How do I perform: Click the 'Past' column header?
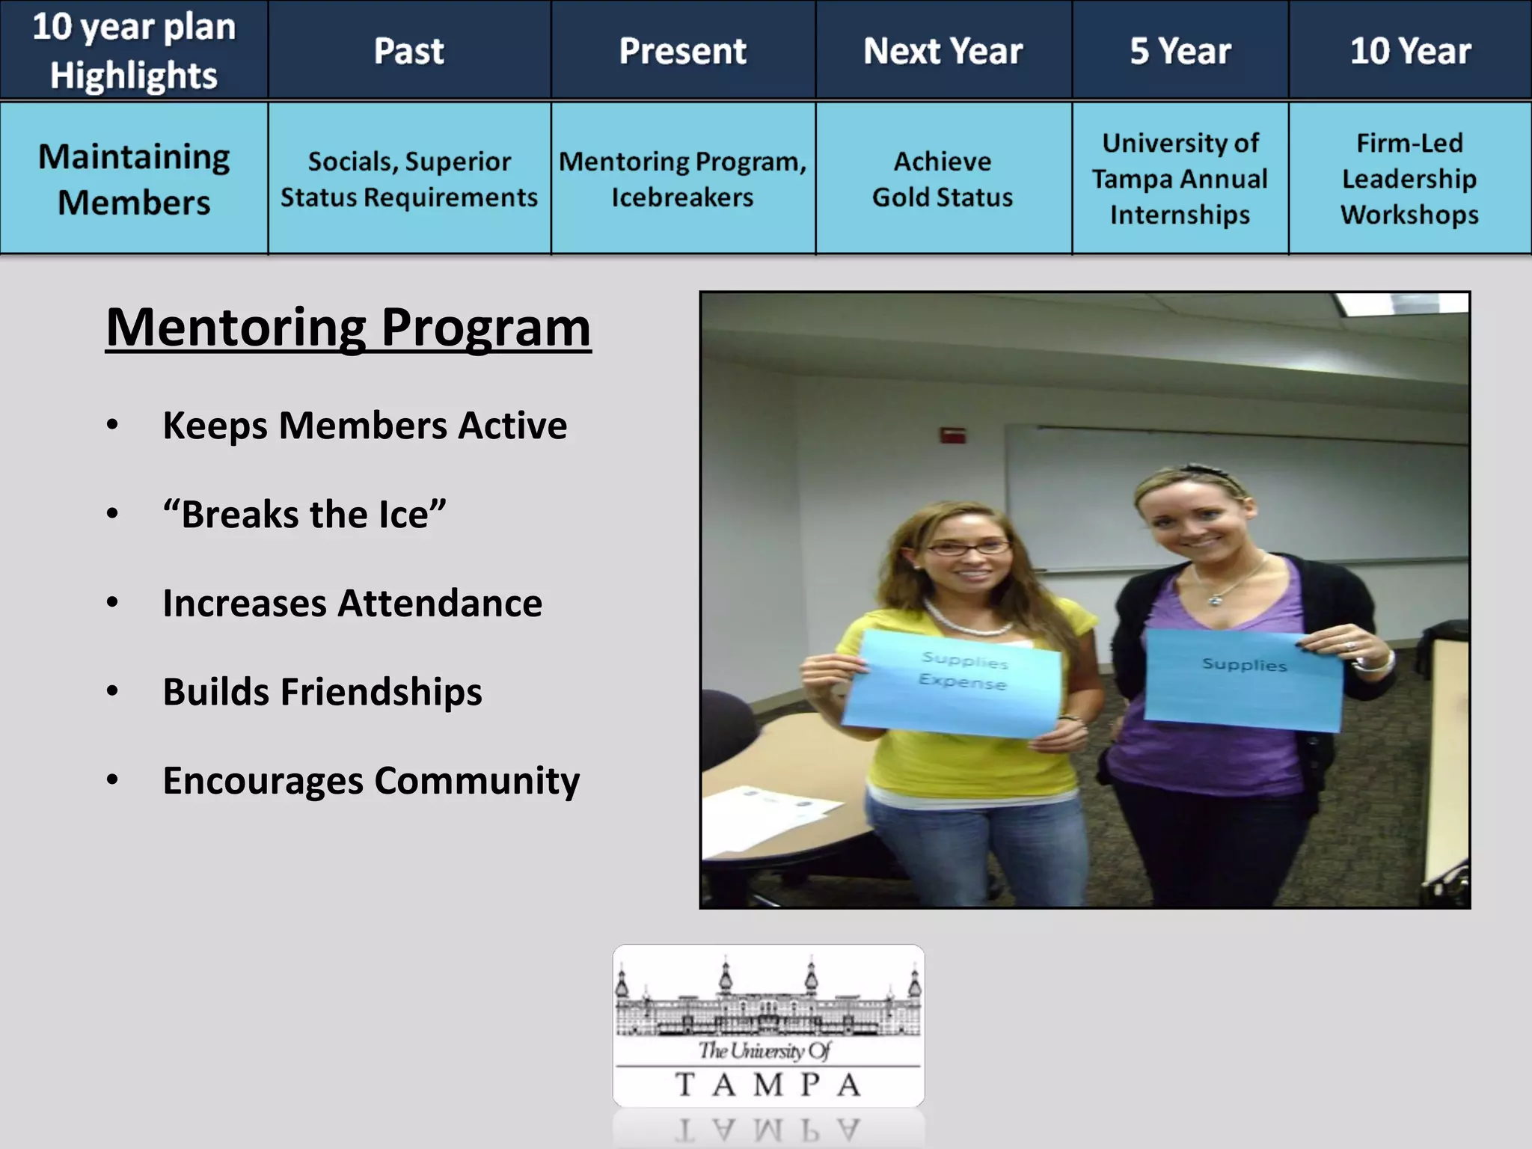pos(409,51)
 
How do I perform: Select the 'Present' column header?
pos(682,51)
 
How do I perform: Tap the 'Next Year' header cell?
pos(943,51)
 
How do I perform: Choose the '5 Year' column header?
pos(1180,51)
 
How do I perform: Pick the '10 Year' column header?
pos(1410,51)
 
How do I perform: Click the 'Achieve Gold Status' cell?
pos(943,179)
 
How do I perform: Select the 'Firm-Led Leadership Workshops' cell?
pos(1409,179)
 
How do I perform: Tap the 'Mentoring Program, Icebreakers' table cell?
pos(682,179)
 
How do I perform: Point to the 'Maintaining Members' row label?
pos(134,179)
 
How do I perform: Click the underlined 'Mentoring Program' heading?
pos(348,328)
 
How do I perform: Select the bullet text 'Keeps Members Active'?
pos(364,426)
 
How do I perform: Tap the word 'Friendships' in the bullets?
pos(381,692)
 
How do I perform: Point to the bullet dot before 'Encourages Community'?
pos(112,780)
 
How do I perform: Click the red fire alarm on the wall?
pos(952,435)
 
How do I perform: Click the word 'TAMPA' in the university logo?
pos(767,1085)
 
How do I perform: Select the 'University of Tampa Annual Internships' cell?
pos(1180,179)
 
